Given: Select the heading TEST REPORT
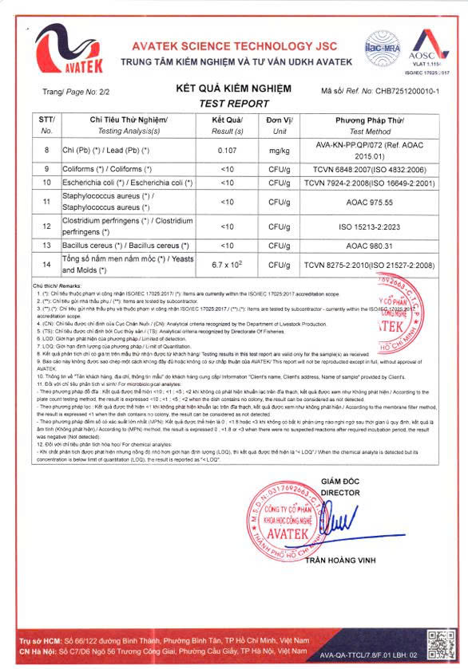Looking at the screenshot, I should pyautogui.click(x=233, y=103).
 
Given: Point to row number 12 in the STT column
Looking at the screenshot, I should pyautogui.click(x=46, y=226).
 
